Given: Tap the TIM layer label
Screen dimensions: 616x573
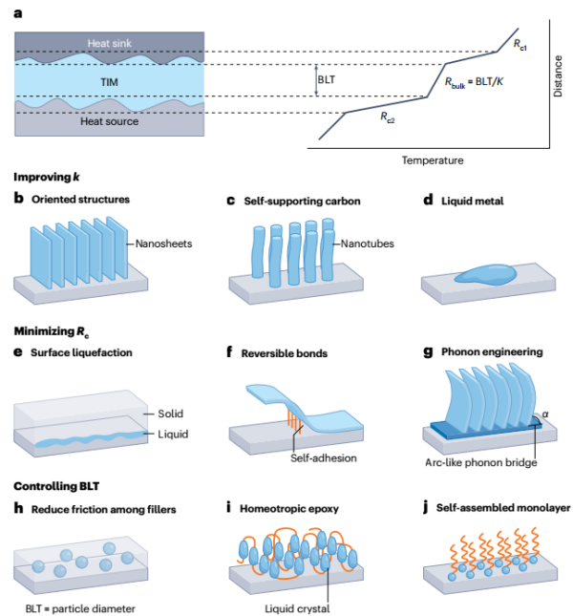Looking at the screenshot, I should (x=111, y=82).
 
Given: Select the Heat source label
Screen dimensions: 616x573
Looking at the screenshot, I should (x=111, y=122).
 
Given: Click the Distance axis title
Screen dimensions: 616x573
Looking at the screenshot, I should (x=559, y=75).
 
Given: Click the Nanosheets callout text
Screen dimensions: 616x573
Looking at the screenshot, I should (x=164, y=244).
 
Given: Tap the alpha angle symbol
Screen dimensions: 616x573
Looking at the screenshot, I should (x=546, y=414).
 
